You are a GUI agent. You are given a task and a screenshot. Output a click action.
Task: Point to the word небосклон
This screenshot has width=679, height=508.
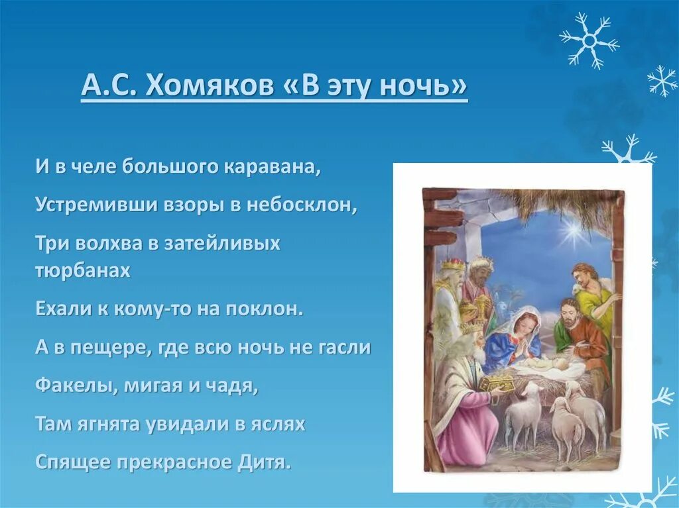pos(302,205)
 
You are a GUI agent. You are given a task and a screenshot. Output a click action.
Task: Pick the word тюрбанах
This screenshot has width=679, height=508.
pos(83,270)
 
